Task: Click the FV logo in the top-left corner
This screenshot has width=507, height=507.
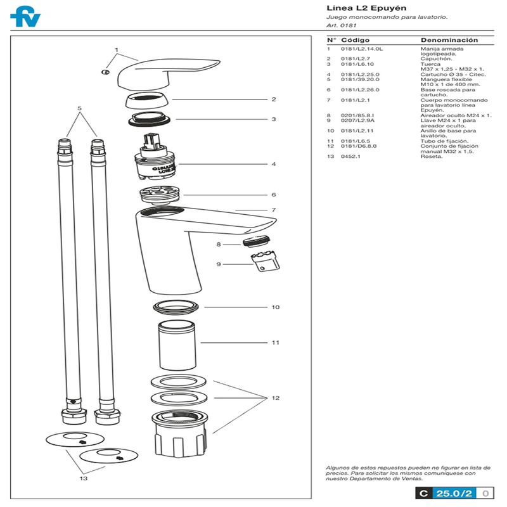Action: click(x=25, y=16)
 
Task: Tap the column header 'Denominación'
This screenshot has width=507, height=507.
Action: click(x=449, y=40)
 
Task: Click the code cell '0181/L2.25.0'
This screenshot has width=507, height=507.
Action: click(x=360, y=75)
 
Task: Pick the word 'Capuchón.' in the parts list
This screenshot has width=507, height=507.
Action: click(x=435, y=59)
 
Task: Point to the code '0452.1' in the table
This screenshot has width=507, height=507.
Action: click(x=350, y=157)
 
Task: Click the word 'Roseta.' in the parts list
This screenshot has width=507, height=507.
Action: click(x=432, y=157)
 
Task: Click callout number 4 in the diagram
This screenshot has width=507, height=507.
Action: click(x=273, y=164)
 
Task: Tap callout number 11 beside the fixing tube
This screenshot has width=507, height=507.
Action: click(x=275, y=343)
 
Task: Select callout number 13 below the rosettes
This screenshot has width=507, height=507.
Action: click(x=83, y=479)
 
